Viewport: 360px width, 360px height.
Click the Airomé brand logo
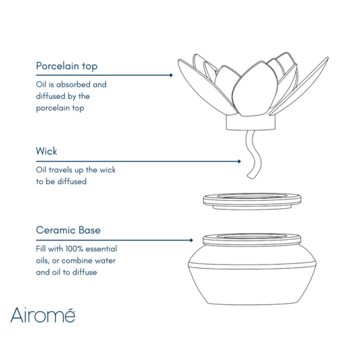(42, 314)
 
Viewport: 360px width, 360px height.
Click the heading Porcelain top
(66, 66)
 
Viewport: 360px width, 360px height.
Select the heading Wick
(47, 152)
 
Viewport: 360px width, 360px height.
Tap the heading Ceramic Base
(68, 230)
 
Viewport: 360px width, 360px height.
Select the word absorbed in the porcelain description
(75, 85)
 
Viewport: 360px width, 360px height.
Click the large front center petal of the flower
(252, 94)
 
